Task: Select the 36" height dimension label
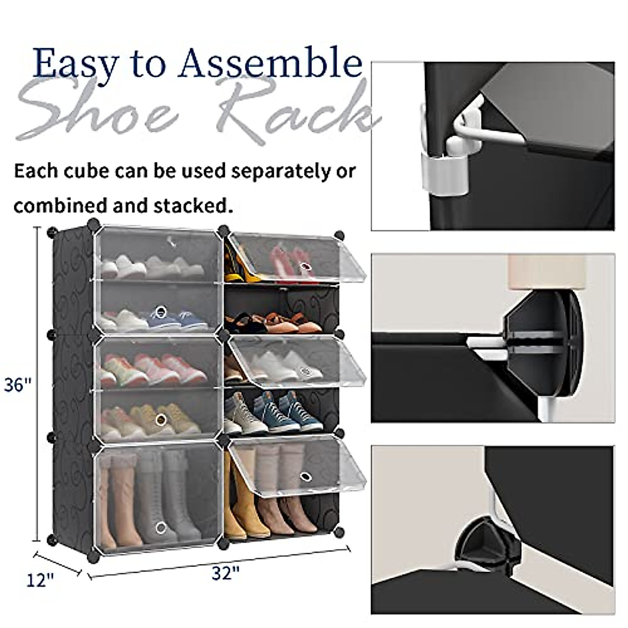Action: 18,386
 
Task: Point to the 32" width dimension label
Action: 226,573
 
